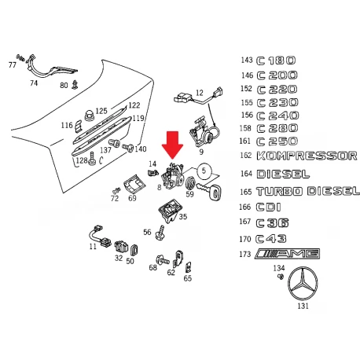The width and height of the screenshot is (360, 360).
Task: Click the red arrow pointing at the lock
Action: coord(172,145)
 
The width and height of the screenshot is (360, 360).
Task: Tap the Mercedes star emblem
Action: coord(303,285)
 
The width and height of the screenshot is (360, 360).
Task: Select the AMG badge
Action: coord(287,254)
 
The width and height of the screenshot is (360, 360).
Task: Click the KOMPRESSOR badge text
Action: coord(307,156)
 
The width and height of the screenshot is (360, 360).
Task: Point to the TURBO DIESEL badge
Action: coord(308,191)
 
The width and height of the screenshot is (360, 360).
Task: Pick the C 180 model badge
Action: coord(276,61)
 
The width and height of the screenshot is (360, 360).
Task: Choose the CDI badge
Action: coord(268,207)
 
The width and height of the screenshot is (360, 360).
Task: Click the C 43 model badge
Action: coord(271,239)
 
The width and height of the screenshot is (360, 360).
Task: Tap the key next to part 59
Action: coord(209,190)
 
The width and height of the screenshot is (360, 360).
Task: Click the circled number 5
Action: coord(204,171)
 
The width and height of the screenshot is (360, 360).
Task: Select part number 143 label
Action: coord(247,60)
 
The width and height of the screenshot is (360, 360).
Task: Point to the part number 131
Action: coord(303,306)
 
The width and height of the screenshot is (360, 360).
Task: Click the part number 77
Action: coord(13,64)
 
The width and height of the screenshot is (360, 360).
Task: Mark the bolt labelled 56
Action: coord(160,233)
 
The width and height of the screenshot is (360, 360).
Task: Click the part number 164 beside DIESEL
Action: coord(246,174)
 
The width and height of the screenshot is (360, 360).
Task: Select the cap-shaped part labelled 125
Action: coord(89,116)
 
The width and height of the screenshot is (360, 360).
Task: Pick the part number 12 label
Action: coord(200,93)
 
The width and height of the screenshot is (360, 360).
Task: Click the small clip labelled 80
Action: coord(75,84)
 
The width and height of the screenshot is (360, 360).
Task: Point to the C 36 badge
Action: coord(272,223)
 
